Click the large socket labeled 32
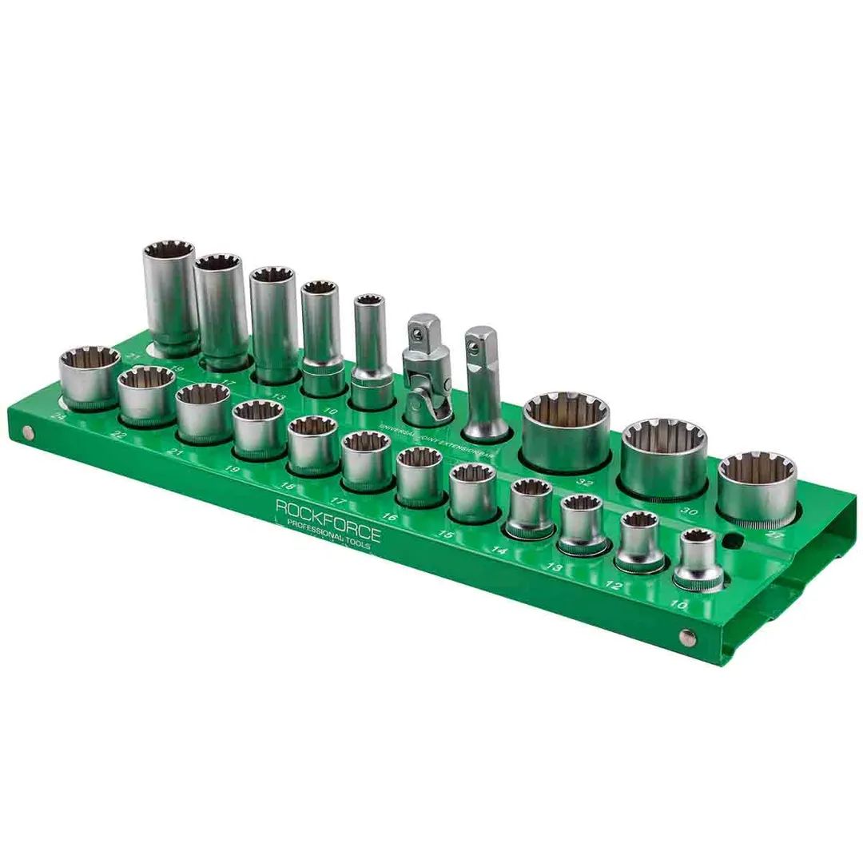click(566, 431)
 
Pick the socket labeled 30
click(664, 457)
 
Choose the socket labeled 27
click(756, 488)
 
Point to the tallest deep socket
click(170, 296)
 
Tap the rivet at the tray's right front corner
click(685, 637)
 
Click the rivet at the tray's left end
click(29, 433)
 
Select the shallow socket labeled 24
click(89, 376)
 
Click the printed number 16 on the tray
click(390, 517)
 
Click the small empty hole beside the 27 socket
click(730, 541)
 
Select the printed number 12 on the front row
click(613, 586)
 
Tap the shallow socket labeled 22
click(145, 393)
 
